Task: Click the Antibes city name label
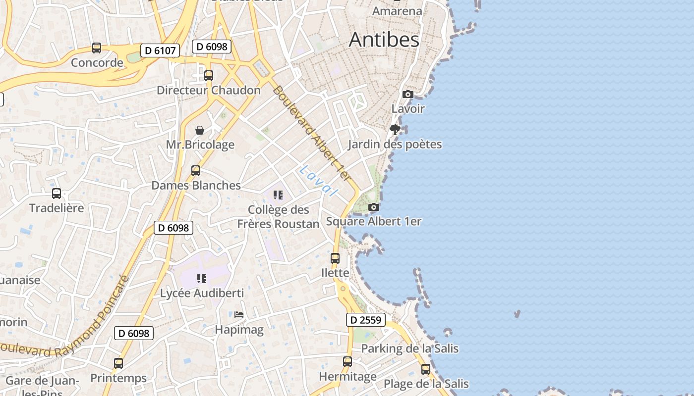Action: coord(384,40)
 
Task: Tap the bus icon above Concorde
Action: coord(97,48)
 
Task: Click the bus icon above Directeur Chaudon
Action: coord(209,76)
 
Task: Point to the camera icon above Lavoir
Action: coord(407,94)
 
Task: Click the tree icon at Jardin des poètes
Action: coord(395,130)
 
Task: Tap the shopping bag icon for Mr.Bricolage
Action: coord(200,130)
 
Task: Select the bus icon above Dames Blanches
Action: coord(196,171)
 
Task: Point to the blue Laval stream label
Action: coord(318,181)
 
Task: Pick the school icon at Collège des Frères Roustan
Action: coord(278,195)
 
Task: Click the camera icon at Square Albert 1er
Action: coord(374,207)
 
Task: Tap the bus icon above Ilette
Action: coord(335,258)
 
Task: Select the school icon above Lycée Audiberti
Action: coord(201,279)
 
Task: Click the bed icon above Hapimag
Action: coord(239,314)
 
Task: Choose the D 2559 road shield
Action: coord(365,320)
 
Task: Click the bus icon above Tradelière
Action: coord(57,194)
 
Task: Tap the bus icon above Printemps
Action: coord(118,363)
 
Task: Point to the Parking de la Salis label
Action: coord(409,348)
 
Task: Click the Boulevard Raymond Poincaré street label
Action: coord(64,324)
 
